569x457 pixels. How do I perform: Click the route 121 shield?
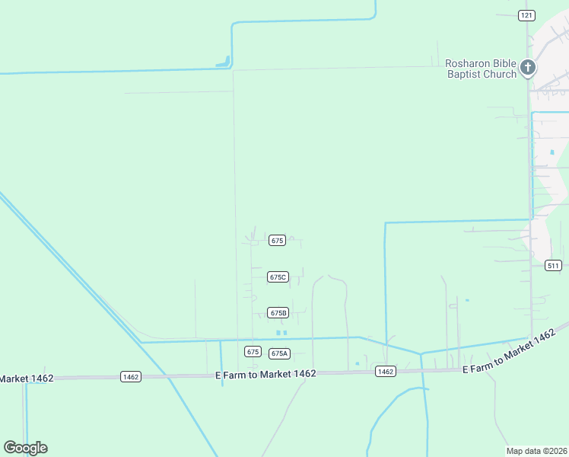[527, 15]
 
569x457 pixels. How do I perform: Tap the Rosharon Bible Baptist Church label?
[481, 69]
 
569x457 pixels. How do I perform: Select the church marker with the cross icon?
[528, 69]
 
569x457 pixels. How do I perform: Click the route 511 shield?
[553, 265]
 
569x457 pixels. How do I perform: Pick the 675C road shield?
[278, 277]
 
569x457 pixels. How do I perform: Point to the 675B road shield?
[278, 313]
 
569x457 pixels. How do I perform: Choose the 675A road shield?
[279, 353]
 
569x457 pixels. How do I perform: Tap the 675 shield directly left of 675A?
[253, 351]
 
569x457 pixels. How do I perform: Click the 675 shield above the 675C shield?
[277, 241]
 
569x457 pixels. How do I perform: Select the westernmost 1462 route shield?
[131, 377]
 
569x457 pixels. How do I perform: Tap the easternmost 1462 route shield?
[385, 372]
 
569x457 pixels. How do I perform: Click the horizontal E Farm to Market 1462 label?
[265, 374]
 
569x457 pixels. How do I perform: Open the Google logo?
[25, 448]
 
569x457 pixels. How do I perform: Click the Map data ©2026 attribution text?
[537, 451]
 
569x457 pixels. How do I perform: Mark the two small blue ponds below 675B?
[281, 333]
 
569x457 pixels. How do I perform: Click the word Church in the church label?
[501, 74]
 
